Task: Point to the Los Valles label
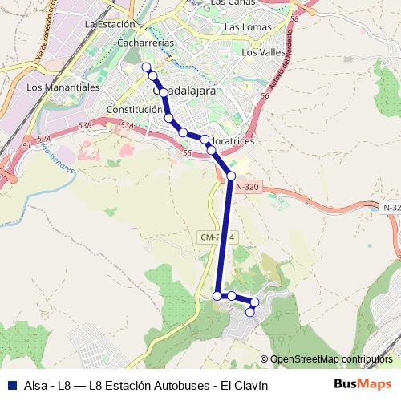tap(262, 53)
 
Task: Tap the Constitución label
tap(134, 110)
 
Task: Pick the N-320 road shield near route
tap(248, 187)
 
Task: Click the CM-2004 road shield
tap(217, 238)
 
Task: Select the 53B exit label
tap(86, 125)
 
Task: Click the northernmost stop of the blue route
tap(146, 67)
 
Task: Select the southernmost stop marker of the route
tap(250, 311)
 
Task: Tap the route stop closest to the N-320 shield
tap(231, 176)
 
